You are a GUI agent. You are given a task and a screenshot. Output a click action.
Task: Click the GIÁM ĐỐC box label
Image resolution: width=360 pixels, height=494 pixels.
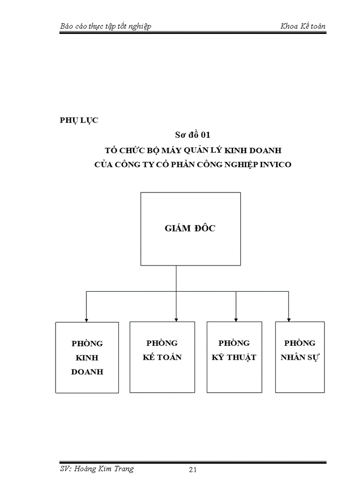190,228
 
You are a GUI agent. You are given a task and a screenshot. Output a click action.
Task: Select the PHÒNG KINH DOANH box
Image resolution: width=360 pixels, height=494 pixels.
87,357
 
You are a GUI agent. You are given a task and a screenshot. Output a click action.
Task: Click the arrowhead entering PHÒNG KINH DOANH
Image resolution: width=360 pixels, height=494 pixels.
86,319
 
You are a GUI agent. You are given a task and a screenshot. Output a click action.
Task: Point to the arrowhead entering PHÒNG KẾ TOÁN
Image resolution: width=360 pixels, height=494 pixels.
176,319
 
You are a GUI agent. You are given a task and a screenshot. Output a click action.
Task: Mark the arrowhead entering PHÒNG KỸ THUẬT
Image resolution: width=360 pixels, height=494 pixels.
236,319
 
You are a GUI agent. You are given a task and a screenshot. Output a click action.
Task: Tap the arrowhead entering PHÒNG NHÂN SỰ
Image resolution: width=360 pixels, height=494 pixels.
299,319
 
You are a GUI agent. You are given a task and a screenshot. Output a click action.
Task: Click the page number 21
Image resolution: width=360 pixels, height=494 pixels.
193,469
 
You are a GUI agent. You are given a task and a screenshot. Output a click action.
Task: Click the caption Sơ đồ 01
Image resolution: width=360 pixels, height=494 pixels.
190,135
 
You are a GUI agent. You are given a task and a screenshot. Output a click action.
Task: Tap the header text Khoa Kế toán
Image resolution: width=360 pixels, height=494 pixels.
303,26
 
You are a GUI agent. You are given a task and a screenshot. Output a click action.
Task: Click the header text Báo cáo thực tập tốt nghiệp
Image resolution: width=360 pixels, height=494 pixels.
105,26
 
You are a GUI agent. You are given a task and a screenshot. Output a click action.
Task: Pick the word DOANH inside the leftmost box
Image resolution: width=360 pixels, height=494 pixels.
87,372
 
